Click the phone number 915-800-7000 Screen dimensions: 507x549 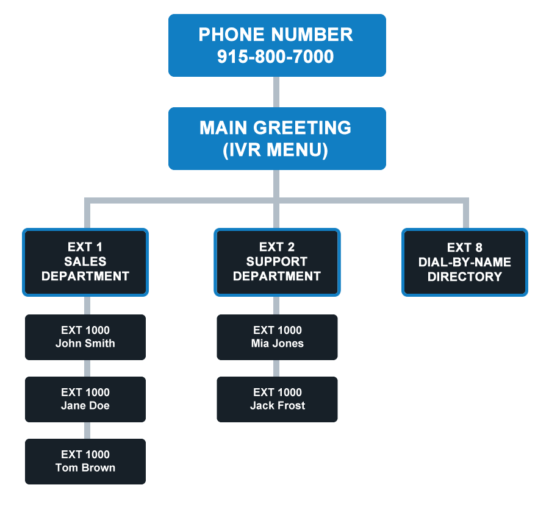click(276, 57)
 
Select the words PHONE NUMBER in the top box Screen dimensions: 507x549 click(276, 35)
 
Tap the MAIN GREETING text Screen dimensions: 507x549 click(276, 128)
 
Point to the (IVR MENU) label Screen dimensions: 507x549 click(276, 150)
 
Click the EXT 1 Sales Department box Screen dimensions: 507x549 click(85, 262)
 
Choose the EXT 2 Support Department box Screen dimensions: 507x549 click(277, 262)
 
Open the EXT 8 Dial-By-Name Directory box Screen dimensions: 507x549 click(465, 262)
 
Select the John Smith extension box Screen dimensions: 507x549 click(85, 337)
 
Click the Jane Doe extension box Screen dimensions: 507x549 click(85, 399)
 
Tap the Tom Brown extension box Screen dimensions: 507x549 click(85, 461)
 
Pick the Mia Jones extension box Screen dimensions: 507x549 click(277, 337)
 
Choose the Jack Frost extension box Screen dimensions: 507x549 click(277, 399)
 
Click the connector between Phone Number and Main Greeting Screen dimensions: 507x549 click(277, 92)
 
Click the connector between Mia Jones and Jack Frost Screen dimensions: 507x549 click(277, 368)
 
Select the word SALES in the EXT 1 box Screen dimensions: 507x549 click(85, 261)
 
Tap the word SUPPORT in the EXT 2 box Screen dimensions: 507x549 click(277, 261)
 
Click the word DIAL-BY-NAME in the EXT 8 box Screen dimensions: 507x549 click(465, 262)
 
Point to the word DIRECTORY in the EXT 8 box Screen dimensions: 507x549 click(465, 277)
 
